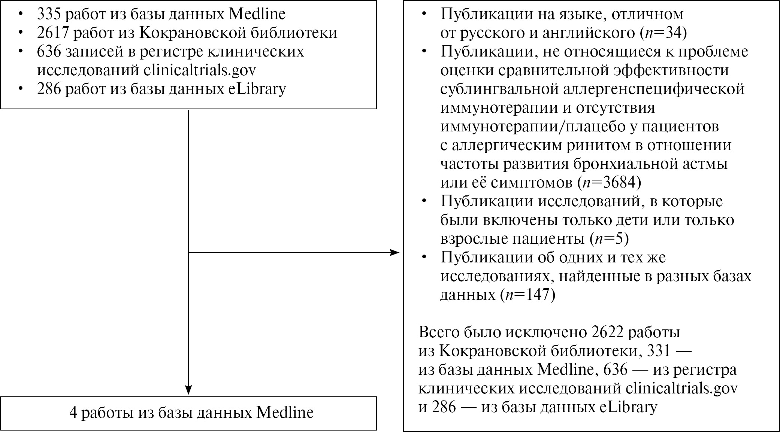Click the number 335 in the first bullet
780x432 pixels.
click(x=49, y=14)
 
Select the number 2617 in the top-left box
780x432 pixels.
click(x=53, y=33)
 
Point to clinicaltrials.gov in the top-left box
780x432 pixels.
click(x=200, y=70)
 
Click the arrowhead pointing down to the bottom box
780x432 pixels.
click(x=188, y=390)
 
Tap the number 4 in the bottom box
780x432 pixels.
click(x=73, y=413)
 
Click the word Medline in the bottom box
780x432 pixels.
click(x=285, y=413)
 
